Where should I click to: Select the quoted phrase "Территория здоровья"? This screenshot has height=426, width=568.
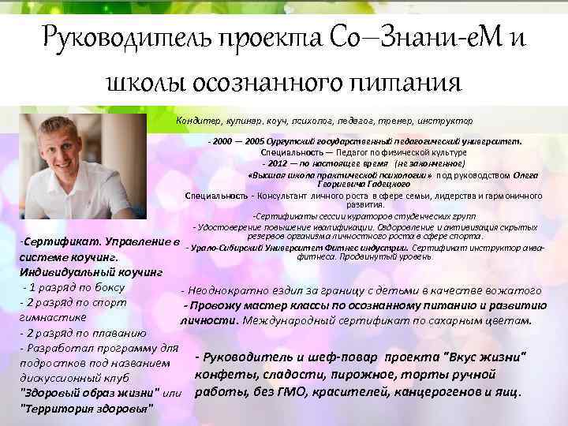coord(87,407)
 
